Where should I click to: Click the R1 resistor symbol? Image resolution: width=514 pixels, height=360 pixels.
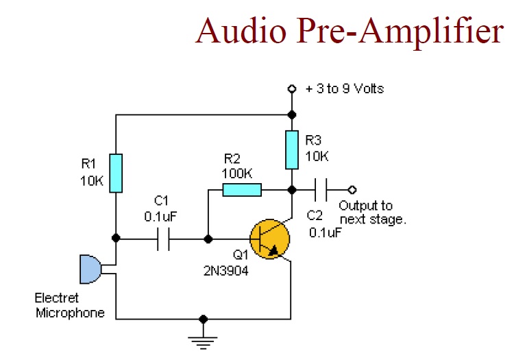(116, 173)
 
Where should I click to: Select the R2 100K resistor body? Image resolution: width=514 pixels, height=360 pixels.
(242, 189)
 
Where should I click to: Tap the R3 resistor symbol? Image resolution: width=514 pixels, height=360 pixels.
(292, 149)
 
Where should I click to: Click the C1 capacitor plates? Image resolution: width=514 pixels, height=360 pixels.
(163, 239)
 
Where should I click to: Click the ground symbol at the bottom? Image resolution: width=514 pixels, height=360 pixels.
(203, 339)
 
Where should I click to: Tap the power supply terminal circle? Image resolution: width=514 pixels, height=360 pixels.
(292, 89)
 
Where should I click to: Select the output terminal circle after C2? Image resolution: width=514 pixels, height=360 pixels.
(353, 189)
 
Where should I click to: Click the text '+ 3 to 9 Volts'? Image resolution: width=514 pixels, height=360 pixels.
(344, 88)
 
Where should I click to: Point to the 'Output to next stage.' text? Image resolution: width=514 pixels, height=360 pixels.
(373, 213)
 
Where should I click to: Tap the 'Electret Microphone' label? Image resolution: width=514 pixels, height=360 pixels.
(69, 306)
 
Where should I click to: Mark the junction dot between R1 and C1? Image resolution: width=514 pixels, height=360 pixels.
(116, 238)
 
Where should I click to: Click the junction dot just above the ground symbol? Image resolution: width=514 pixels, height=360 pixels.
(203, 319)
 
